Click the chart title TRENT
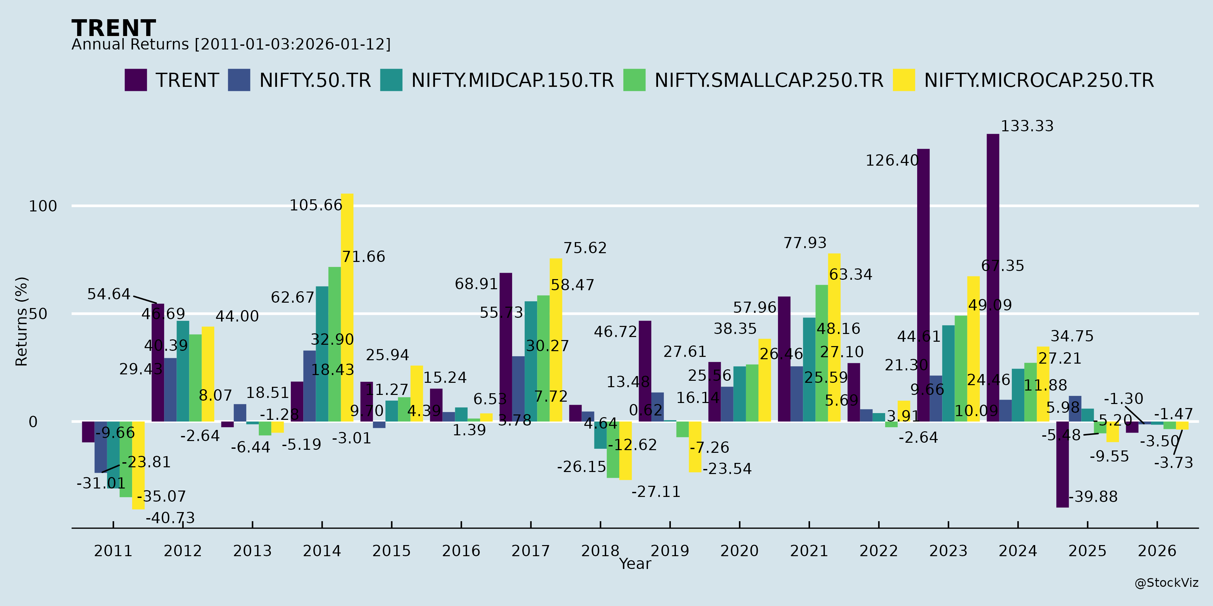(x=114, y=28)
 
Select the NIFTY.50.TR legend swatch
(x=239, y=80)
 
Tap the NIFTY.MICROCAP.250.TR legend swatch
(x=903, y=80)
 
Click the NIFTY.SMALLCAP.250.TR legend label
(x=769, y=80)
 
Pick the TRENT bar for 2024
(x=993, y=278)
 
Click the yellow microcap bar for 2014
(x=347, y=308)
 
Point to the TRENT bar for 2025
(x=1062, y=464)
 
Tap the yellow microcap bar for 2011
(x=138, y=465)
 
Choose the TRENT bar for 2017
(x=506, y=347)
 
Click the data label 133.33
(x=1027, y=126)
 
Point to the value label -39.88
(x=1092, y=497)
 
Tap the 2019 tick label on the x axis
(x=670, y=550)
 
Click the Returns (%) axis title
(x=22, y=322)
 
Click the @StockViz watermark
(x=1166, y=583)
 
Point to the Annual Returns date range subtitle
(x=231, y=44)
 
